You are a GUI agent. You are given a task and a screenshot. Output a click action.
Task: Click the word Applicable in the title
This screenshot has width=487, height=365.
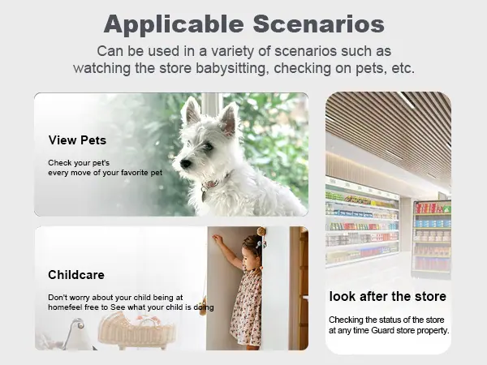[174, 24]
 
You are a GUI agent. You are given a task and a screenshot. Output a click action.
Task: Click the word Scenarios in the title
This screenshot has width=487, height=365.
[319, 24]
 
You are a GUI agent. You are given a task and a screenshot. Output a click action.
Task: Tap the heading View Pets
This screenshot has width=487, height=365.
[77, 140]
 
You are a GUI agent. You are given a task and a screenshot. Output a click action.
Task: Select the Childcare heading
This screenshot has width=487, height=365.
[76, 275]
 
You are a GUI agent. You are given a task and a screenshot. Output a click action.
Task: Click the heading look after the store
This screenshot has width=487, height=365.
[388, 296]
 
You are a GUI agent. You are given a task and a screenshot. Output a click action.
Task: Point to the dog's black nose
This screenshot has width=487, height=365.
[185, 163]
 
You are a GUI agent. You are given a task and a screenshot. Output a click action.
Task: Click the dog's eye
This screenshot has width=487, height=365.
[209, 146]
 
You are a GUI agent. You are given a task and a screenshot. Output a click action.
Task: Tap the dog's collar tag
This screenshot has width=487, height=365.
[204, 195]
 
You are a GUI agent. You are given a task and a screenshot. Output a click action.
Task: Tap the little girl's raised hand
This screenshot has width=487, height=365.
[217, 239]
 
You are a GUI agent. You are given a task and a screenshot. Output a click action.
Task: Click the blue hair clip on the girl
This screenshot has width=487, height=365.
[259, 245]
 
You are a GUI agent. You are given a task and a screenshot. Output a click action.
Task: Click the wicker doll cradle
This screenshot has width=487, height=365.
[136, 331]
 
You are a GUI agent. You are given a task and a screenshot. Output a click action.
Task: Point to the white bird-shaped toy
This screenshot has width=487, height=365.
[78, 335]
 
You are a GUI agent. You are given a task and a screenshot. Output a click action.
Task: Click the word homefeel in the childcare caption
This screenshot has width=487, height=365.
[62, 307]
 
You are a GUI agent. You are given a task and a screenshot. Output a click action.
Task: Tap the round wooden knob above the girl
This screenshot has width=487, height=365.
[261, 231]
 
